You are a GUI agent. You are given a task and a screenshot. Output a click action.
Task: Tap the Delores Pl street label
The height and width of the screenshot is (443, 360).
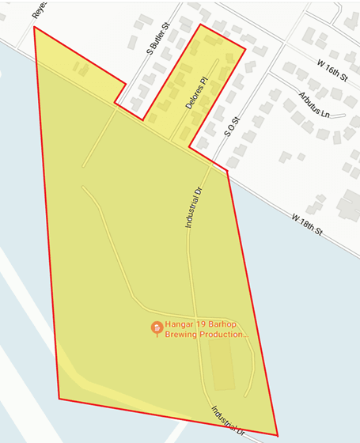click(x=195, y=93)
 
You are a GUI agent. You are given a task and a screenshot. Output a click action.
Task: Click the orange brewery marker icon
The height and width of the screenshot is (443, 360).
click(x=157, y=328)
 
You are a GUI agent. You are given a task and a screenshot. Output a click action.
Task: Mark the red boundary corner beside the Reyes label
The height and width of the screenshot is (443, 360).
click(x=34, y=27)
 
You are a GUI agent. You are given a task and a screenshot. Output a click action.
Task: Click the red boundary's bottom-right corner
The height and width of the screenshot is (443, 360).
click(x=278, y=434)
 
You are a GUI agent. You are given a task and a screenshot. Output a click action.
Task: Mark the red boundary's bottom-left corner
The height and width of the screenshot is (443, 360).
click(x=59, y=398)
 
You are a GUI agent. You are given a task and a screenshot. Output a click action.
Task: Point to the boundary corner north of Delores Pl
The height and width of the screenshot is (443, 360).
click(x=200, y=25)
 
